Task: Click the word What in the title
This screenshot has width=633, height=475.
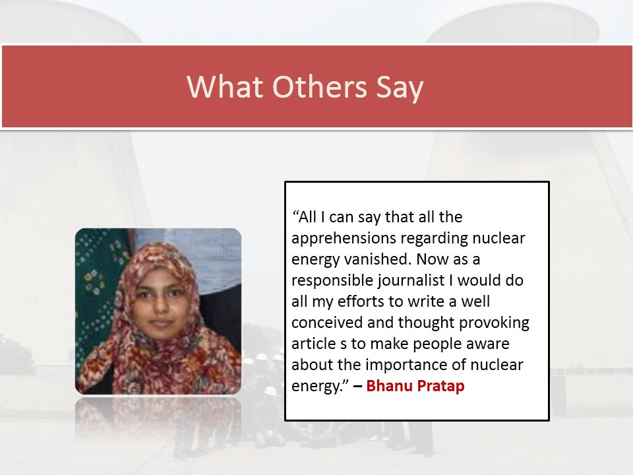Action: pos(226,86)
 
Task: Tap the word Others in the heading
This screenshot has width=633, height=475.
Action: pos(320,86)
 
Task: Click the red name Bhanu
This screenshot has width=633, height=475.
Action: pos(390,385)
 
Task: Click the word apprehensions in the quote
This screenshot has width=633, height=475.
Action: pos(344,239)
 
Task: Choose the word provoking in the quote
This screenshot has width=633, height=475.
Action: pos(494,323)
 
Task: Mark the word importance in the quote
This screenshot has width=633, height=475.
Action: pos(407,365)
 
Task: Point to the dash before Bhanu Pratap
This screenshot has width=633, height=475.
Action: pos(357,386)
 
